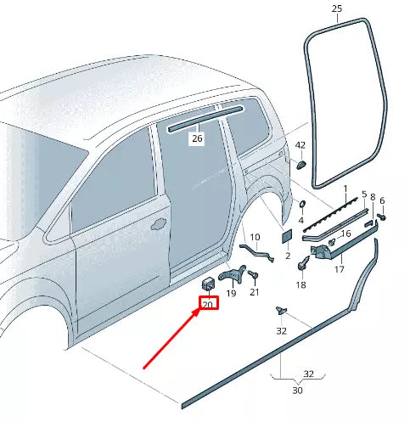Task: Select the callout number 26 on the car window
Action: [197, 138]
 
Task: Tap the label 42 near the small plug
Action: [300, 145]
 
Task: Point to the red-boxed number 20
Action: [208, 303]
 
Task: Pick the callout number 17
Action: [338, 270]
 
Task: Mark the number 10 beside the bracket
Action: [255, 225]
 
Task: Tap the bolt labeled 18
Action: [301, 266]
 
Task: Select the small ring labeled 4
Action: [300, 205]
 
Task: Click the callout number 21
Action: [253, 293]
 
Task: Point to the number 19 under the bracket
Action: [231, 293]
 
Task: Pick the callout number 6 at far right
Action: [381, 201]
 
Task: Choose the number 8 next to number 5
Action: [371, 197]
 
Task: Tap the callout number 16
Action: [345, 234]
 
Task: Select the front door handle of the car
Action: [158, 225]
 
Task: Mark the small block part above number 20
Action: [208, 282]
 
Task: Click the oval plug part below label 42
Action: [300, 163]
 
